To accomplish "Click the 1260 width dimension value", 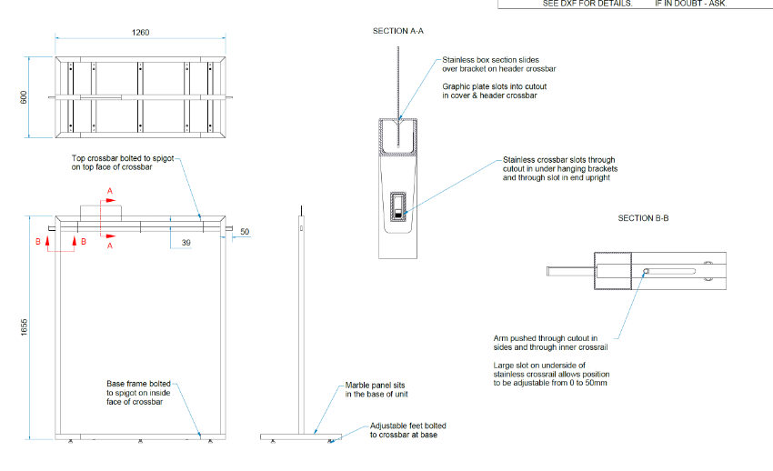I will (x=140, y=32).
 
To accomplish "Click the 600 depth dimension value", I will (x=25, y=96).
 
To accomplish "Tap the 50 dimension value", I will (x=245, y=232).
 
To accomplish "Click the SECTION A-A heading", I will (x=398, y=31).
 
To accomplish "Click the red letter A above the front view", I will (x=110, y=192).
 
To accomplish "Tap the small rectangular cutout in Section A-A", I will (x=397, y=206).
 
